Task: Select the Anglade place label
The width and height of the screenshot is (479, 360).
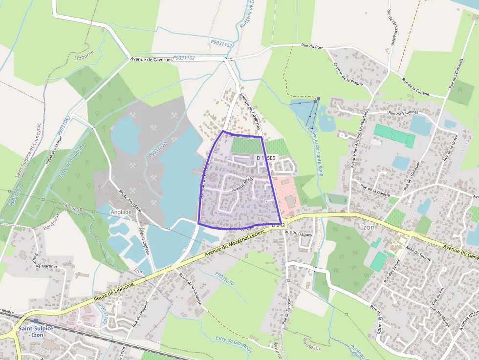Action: click(x=122, y=212)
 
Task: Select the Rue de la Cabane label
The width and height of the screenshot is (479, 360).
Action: click(x=415, y=87)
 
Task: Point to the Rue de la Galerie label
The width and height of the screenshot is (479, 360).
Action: click(x=375, y=190)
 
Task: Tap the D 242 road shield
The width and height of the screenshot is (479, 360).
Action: click(x=277, y=225)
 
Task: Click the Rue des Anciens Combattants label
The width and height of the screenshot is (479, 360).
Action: click(x=359, y=142)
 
